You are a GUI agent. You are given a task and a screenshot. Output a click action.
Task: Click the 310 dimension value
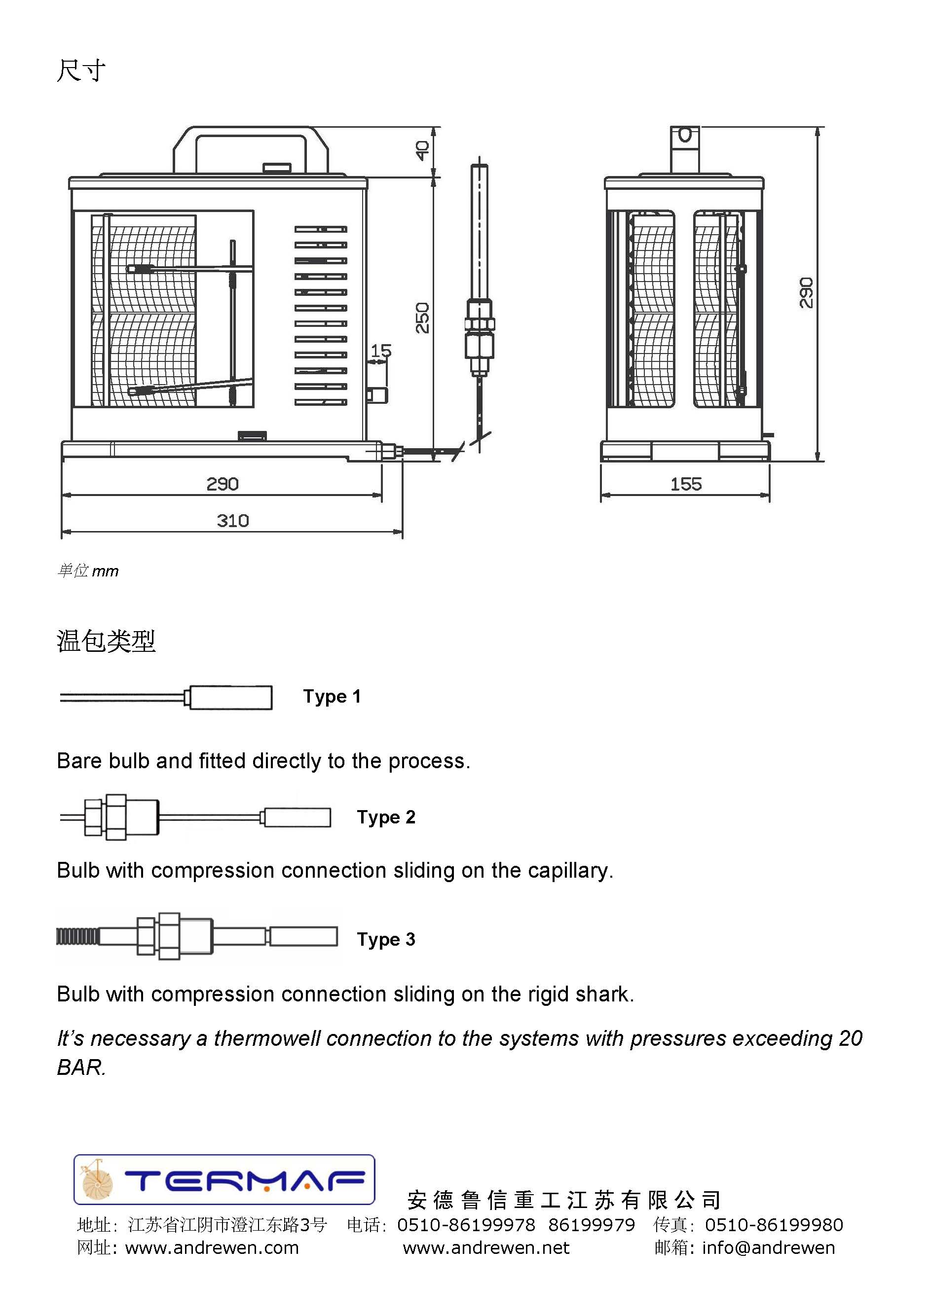[x=233, y=521]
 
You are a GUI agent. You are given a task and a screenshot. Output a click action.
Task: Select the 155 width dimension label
[x=686, y=485]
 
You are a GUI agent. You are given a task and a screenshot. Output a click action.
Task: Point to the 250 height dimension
[x=422, y=318]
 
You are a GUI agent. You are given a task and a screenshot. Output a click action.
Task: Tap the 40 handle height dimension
[x=422, y=150]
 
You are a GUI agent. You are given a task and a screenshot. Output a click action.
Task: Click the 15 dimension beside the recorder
[x=381, y=351]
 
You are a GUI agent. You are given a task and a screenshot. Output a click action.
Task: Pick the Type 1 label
[x=332, y=696]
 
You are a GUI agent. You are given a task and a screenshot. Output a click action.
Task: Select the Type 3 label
[x=386, y=939]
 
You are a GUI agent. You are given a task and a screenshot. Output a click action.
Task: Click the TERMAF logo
[x=224, y=1180]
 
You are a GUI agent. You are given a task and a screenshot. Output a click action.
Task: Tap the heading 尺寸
[x=81, y=71]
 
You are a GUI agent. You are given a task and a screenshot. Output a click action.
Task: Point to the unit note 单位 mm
[x=88, y=570]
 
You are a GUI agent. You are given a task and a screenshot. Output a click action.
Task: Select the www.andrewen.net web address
[x=486, y=1247]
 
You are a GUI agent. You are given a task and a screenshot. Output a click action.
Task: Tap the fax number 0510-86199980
[x=774, y=1224]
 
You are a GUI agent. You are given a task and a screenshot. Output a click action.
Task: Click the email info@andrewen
[x=768, y=1247]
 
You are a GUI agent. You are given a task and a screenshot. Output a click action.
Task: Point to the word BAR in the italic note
[x=81, y=1067]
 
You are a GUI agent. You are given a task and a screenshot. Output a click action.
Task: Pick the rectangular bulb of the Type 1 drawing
[x=230, y=698]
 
